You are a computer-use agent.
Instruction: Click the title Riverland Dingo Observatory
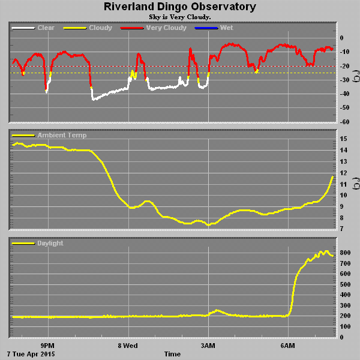tap(179, 7)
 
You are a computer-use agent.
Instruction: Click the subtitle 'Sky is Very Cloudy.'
tap(179, 17)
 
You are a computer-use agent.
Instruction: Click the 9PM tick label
tap(47, 346)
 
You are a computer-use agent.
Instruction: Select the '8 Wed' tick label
tap(127, 346)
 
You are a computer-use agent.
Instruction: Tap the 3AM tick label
tap(208, 346)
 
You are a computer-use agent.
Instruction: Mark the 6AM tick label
tap(288, 346)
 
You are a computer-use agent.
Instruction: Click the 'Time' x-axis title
tap(172, 354)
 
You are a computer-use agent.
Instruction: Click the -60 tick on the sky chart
tap(345, 122)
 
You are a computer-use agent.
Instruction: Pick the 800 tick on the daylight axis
tap(346, 253)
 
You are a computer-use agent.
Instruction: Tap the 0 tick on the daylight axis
tap(341, 337)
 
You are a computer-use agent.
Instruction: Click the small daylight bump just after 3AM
tap(217, 310)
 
